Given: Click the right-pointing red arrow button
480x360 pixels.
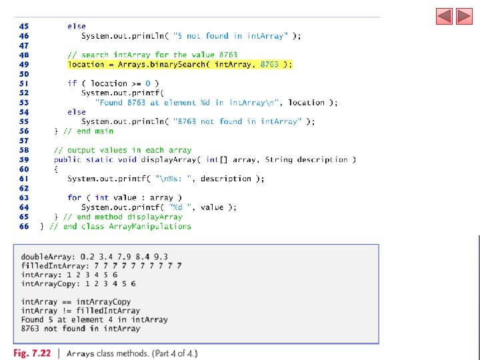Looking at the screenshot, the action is [x=464, y=16].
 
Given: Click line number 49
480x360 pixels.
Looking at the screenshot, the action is [x=24, y=65].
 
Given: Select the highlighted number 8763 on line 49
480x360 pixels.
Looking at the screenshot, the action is [x=269, y=65].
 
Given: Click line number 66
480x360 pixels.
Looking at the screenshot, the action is [x=24, y=226].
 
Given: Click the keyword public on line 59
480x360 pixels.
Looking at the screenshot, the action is [x=68, y=160].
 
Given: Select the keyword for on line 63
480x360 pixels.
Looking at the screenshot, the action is [x=75, y=198].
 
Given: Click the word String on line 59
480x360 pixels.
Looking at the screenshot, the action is [x=279, y=160].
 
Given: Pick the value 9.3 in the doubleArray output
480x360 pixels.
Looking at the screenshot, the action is [x=161, y=256].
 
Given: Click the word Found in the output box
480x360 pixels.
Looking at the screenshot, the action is [x=33, y=319].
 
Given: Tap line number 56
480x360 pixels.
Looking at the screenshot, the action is [x=24, y=131].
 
